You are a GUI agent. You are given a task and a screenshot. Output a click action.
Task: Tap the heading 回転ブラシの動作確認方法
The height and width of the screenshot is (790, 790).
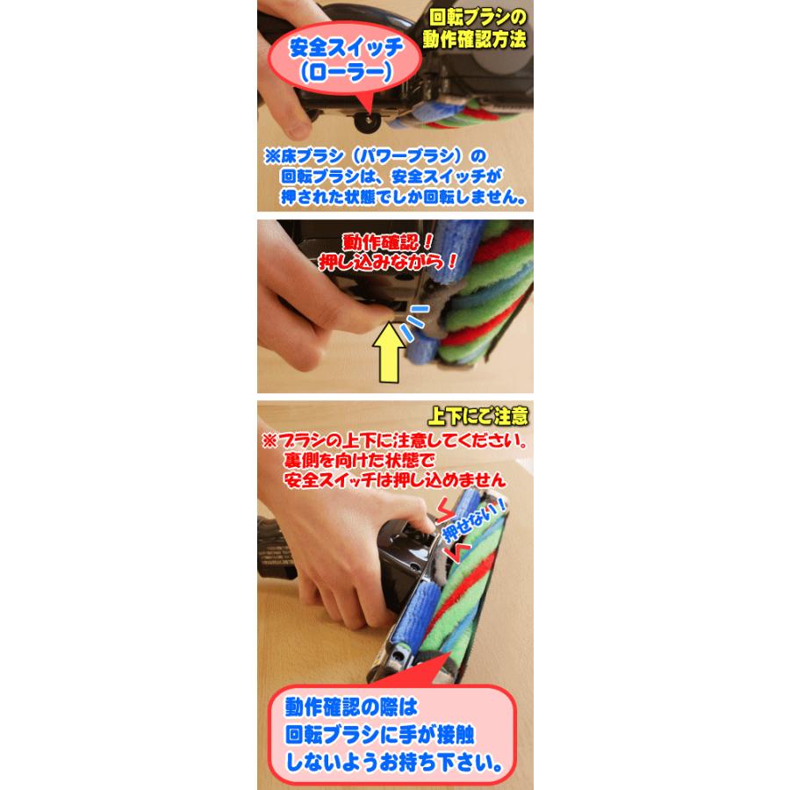(x=475, y=29)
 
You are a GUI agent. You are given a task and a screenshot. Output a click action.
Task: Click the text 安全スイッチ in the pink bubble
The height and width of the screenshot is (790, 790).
(x=346, y=48)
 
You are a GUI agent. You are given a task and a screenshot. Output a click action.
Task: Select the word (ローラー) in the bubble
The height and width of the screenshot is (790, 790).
(x=346, y=72)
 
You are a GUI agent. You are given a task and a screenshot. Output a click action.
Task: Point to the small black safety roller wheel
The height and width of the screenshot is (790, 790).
(x=366, y=121)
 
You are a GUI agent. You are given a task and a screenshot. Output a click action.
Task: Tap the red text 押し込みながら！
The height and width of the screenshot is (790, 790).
(x=389, y=262)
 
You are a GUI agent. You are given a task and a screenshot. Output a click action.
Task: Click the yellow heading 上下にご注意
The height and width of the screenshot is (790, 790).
(x=478, y=416)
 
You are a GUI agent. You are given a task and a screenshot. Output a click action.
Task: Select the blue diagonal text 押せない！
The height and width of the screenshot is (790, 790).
(x=474, y=521)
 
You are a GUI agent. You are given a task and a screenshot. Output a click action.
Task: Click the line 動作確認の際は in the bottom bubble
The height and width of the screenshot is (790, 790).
(x=351, y=707)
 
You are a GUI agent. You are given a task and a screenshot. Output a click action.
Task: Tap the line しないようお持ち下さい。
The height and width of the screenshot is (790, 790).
(x=394, y=762)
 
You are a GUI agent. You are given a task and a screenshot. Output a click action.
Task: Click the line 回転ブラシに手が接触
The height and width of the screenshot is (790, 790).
(x=380, y=735)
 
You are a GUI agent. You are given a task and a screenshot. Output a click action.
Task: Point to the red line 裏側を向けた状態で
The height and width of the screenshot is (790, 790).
(x=359, y=460)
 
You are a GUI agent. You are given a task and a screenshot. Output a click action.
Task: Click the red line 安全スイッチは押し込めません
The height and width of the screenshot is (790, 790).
(x=394, y=479)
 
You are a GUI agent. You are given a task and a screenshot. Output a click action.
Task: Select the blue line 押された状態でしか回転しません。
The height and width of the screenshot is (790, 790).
(x=403, y=197)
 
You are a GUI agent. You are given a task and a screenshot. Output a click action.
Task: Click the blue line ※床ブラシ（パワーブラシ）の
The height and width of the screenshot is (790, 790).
(x=376, y=156)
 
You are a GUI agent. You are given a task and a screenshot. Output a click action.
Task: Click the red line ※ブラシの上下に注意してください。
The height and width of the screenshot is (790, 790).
(x=395, y=441)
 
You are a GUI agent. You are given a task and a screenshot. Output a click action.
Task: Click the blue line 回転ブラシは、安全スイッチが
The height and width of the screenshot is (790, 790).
(x=391, y=176)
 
